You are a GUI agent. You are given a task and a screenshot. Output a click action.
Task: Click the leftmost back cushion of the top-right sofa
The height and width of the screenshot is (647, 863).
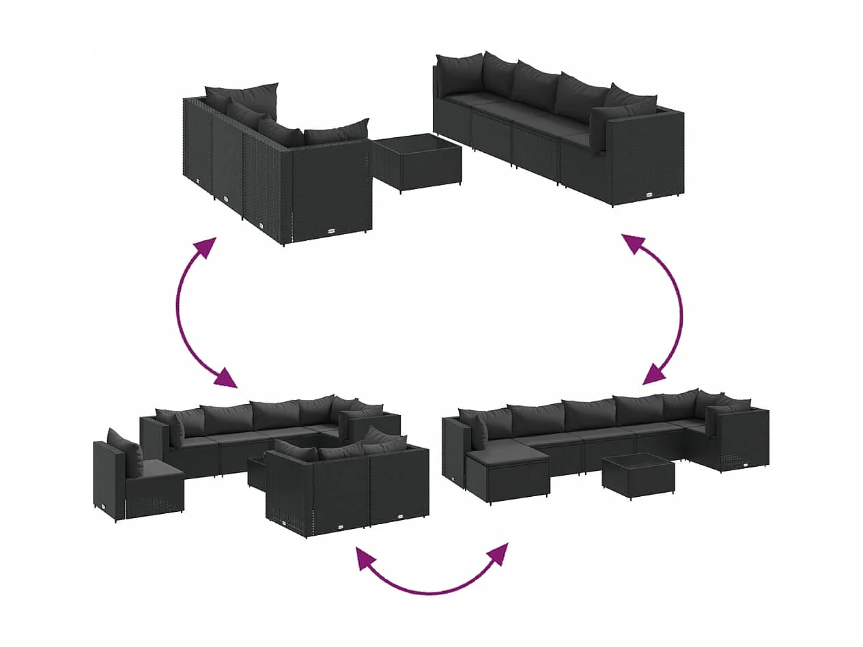(459, 74)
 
